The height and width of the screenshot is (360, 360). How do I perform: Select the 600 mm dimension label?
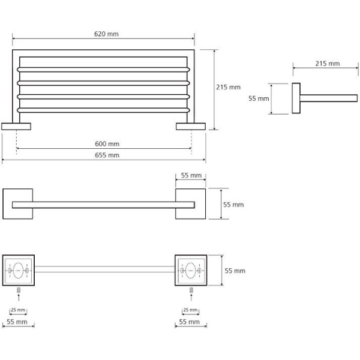107,143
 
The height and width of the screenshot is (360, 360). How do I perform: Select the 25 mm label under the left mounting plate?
19,310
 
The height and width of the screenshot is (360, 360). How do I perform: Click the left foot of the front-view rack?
17,126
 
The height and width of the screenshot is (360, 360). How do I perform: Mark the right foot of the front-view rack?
190,126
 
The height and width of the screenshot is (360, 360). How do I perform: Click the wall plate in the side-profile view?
296,98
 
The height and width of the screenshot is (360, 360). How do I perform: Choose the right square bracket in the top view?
190,203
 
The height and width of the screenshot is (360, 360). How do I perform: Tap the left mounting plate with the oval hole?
19,270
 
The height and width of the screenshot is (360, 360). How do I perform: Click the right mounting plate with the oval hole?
190,270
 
